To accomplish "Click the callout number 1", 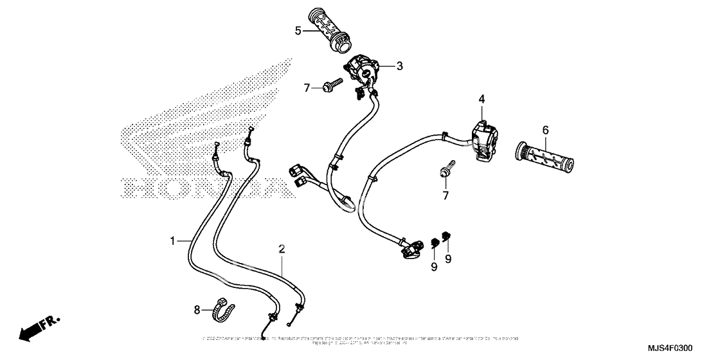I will (173, 240).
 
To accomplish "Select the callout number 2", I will (282, 248).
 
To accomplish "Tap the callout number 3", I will (399, 66).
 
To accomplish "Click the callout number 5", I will (298, 30).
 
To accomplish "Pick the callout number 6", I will (545, 130).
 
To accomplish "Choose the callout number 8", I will (197, 309).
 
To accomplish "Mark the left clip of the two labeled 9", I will (435, 243).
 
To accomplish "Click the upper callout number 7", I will (307, 87).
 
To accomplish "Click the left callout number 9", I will (434, 266).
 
